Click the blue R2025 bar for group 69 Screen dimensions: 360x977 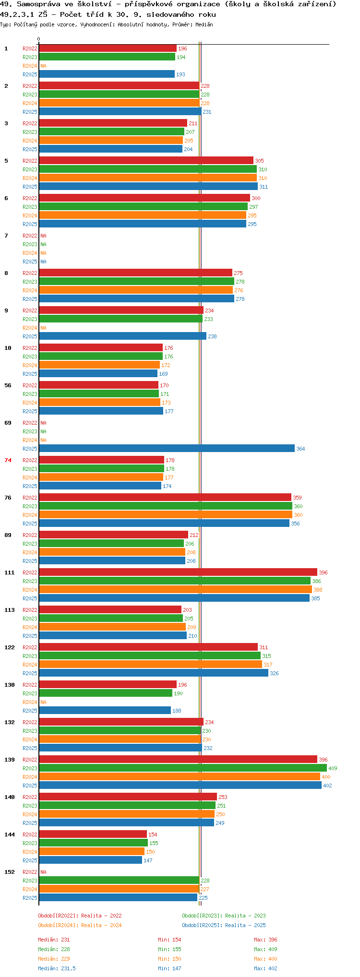(167, 448)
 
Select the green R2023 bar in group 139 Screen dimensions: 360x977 (183, 768)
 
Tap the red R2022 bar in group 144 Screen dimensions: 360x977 (93, 834)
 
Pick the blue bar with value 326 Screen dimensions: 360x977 (154, 673)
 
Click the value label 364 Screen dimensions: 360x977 (300, 449)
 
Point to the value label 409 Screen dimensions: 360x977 (333, 768)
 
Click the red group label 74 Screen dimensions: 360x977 (8, 460)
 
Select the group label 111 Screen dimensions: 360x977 (10, 572)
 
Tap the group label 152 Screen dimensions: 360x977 (10, 872)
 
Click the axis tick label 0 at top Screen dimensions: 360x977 (39, 39)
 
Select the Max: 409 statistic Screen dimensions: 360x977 (265, 949)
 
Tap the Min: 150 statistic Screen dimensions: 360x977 (169, 959)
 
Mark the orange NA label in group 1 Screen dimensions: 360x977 (43, 66)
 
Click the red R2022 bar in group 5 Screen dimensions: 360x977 (146, 160)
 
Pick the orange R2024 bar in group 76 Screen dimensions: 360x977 (166, 514)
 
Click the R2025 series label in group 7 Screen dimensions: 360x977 (30, 262)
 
